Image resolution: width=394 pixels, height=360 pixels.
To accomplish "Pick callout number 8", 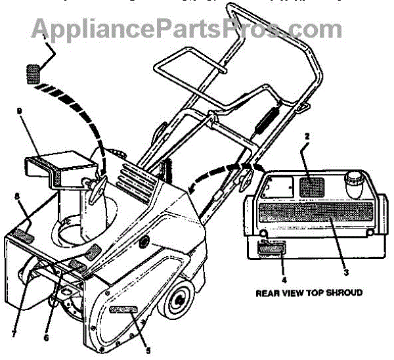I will [18, 195].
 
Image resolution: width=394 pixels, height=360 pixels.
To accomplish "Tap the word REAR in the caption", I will [267, 292].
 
